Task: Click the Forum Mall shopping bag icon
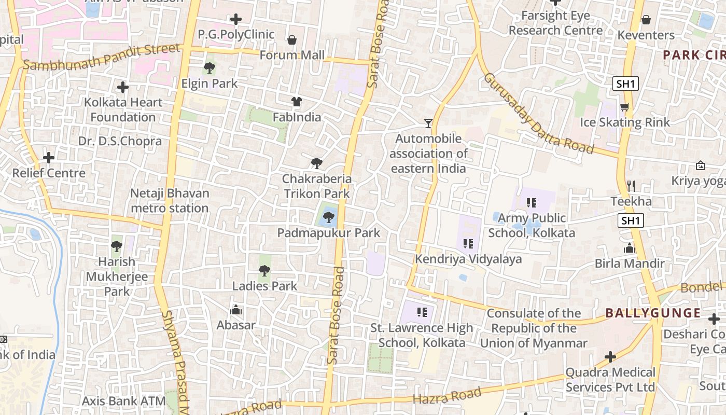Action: (292, 40)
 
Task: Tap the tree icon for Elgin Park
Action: (210, 67)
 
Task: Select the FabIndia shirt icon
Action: (297, 102)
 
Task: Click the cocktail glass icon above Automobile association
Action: (428, 123)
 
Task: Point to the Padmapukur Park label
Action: (328, 233)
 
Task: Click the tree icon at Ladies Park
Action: (264, 270)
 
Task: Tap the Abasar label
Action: (236, 325)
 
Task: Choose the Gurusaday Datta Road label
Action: (538, 113)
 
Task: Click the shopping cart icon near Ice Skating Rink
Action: (625, 107)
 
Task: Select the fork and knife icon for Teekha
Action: (631, 186)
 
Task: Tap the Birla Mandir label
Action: (630, 264)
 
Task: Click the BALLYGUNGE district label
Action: (653, 313)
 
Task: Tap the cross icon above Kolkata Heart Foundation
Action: (123, 87)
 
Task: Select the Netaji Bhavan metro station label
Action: (170, 201)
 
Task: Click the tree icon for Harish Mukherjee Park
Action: (117, 246)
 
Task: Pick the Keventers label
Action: (646, 35)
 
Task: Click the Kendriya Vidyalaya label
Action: (468, 259)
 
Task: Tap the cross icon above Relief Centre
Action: (49, 157)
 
